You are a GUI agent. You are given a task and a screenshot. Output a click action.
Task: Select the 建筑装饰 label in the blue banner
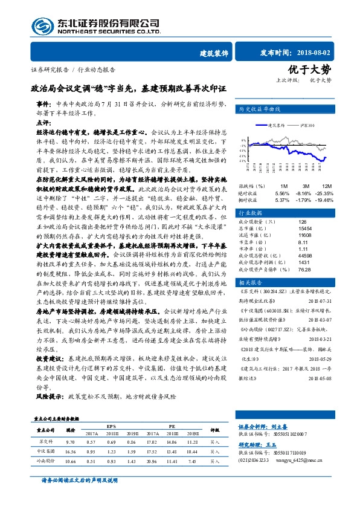click(214, 53)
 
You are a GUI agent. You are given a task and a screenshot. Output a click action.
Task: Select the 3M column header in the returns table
click(306, 186)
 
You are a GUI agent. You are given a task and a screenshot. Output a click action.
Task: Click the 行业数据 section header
click(251, 213)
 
